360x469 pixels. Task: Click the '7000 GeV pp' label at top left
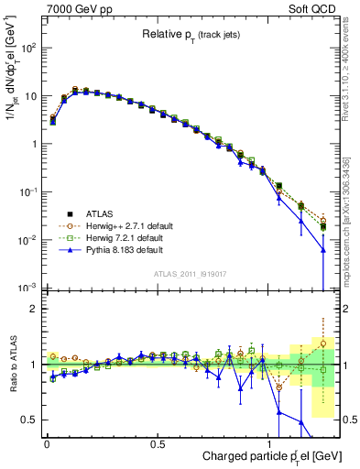click(x=72, y=7)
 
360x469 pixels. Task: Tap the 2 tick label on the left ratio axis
click(x=32, y=309)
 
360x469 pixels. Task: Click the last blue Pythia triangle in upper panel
click(x=322, y=249)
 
